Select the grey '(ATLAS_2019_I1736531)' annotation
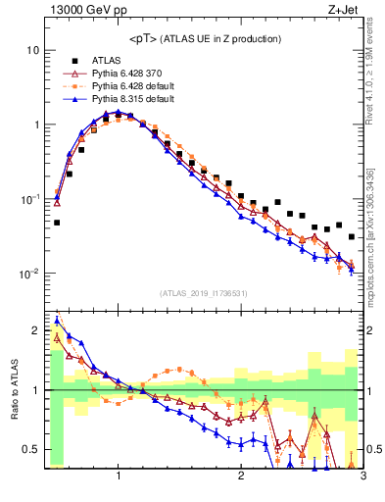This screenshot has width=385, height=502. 204,293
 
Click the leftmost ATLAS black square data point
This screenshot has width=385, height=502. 57,223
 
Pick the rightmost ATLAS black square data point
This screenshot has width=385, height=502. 352,236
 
